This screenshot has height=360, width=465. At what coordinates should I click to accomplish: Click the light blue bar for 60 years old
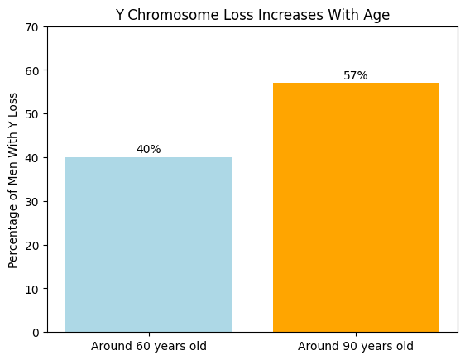148,244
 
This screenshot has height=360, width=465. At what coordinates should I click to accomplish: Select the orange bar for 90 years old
356,207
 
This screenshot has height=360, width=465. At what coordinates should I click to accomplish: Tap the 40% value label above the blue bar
149,150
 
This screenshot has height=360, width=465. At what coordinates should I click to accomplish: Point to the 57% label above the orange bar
356,76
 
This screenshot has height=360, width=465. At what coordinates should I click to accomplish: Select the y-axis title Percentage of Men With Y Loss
13,180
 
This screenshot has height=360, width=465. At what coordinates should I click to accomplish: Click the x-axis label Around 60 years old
149,346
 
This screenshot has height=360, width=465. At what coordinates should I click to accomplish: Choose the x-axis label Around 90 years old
356,346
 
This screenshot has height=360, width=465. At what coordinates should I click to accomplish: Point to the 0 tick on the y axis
37,333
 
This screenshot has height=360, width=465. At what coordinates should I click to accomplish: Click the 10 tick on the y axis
34,289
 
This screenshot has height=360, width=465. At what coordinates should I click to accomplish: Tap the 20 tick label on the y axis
34,245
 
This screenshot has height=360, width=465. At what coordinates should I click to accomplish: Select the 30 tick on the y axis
34,201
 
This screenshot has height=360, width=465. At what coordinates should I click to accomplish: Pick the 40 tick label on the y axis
34,158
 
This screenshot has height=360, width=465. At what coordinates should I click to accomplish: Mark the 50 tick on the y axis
34,114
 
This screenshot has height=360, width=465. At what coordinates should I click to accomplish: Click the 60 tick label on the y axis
34,70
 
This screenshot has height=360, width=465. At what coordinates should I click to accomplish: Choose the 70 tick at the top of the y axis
34,27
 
